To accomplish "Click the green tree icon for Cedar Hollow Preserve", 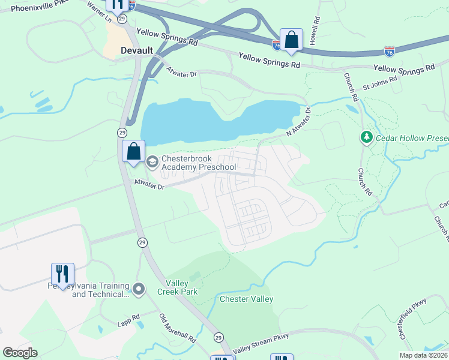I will coord(366,138).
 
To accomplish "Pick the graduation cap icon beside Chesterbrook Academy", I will coord(152,160).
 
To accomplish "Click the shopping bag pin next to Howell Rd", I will coord(291,40).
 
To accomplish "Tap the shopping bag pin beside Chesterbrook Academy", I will coord(134,151).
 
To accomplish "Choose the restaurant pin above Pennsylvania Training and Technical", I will coord(62,274).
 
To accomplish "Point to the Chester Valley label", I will coord(246,299).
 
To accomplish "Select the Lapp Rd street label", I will coord(127,317).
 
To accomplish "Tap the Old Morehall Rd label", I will coord(178,328).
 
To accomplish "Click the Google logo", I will coord(20,353).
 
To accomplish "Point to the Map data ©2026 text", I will coord(423,355).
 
